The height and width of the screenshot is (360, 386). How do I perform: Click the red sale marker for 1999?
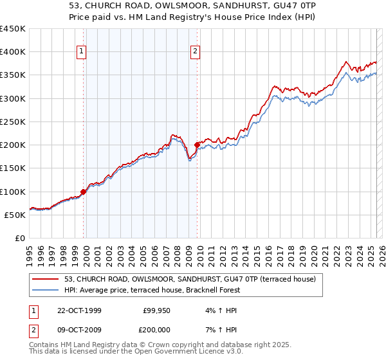pos(84,191)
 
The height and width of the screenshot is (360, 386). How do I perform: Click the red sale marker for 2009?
pos(197,145)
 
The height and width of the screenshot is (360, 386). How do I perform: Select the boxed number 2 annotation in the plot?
pos(195,53)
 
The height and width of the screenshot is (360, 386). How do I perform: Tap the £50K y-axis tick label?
pos(15,215)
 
